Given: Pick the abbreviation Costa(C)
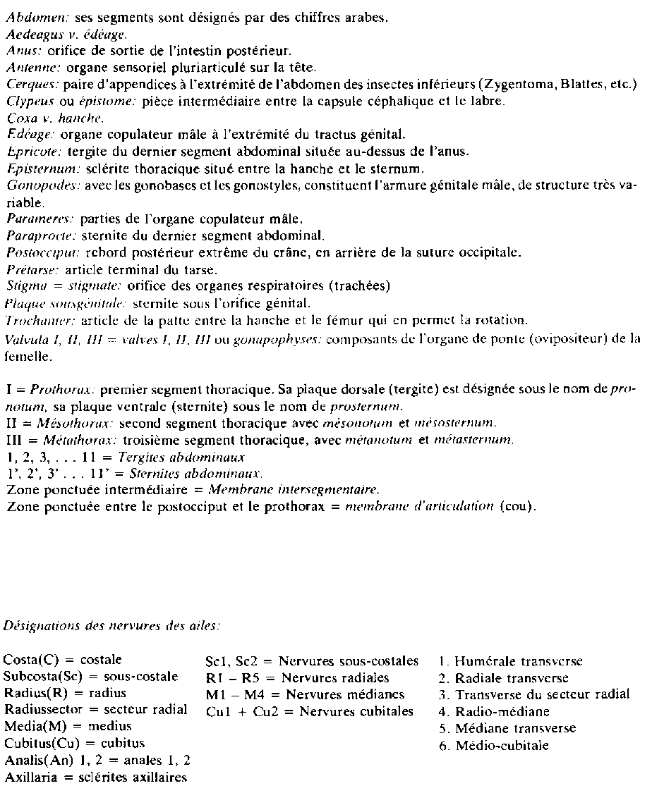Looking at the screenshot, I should click(x=31, y=660).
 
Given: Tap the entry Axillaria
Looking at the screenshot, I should click(x=32, y=779).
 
